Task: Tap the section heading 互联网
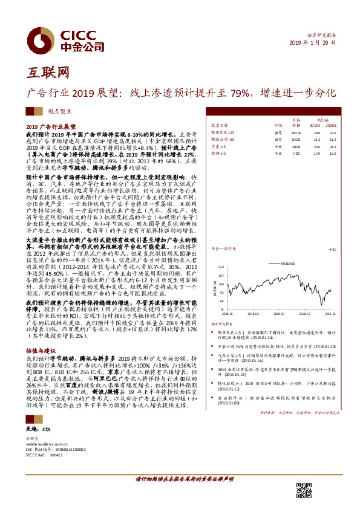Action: (46, 73)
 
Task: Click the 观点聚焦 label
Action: (59, 111)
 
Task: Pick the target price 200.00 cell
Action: (296, 132)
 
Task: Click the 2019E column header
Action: (315, 126)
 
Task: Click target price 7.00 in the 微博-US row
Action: (296, 153)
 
